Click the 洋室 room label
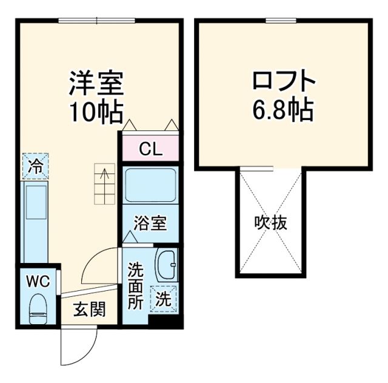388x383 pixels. [96, 84]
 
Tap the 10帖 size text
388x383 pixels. [96, 112]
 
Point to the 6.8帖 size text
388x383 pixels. [283, 110]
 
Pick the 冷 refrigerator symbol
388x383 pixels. [36, 167]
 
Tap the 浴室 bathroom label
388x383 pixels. [150, 222]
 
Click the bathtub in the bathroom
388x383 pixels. [150, 187]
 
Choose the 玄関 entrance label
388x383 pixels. [90, 310]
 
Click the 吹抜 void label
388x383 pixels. [270, 223]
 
